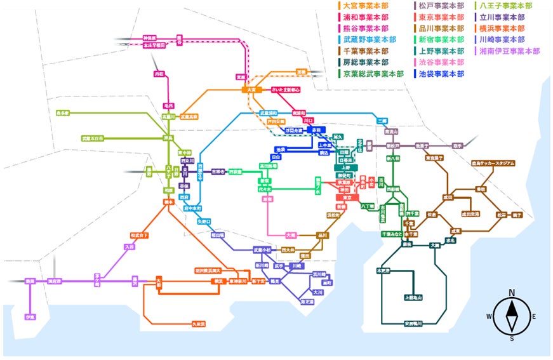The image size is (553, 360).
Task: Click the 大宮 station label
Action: pos(251,90)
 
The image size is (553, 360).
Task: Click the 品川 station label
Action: pos(323,235)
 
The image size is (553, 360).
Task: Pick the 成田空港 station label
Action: pos(470,215)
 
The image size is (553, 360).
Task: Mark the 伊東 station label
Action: pos(29,316)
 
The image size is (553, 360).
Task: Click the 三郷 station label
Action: pos(382,121)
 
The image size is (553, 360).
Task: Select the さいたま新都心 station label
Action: pos(286,90)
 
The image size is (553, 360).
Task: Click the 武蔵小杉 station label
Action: pos(262,250)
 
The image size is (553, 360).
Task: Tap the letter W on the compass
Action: pos(490,316)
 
